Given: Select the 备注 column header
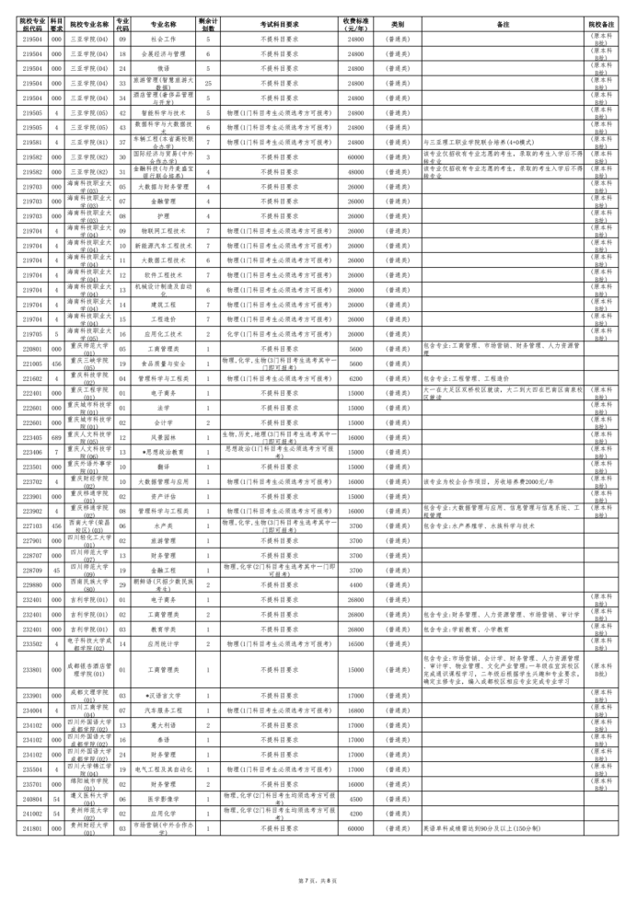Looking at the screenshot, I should (503, 24).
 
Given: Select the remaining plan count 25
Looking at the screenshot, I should (208, 82).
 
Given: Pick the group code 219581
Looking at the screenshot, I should (31, 143).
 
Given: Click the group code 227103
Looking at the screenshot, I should (31, 526).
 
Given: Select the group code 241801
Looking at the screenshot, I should (31, 827).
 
